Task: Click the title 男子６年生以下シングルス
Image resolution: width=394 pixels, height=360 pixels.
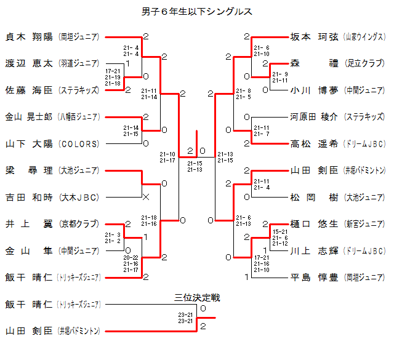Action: (x=197, y=12)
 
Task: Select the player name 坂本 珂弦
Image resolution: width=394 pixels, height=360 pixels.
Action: (x=314, y=36)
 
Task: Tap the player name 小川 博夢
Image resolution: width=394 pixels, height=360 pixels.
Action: (x=314, y=90)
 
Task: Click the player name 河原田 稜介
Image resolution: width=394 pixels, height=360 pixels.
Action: (x=314, y=116)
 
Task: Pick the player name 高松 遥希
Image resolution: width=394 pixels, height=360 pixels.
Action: (x=314, y=143)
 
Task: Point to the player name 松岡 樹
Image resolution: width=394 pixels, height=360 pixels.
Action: (x=314, y=197)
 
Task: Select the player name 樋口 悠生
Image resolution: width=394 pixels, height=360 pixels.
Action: (x=314, y=224)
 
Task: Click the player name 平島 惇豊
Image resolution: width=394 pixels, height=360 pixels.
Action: (x=314, y=277)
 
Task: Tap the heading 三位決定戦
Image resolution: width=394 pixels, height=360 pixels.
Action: (x=197, y=298)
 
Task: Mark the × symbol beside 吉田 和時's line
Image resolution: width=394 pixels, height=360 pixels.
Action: (x=146, y=197)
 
